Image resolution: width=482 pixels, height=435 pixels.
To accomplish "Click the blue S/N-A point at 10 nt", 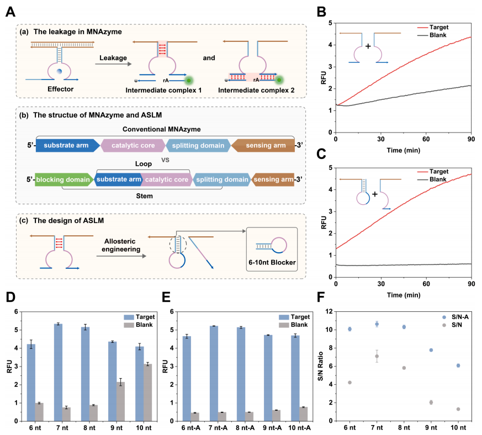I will point(458,365).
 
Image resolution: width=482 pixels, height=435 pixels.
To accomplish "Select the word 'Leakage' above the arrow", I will point(114,57).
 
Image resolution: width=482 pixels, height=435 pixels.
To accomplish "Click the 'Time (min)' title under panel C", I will point(403,295).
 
